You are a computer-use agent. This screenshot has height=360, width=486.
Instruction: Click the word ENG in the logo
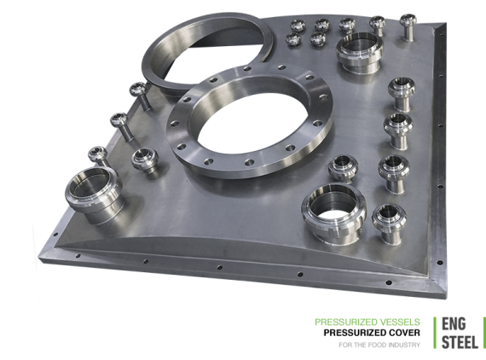click(454, 324)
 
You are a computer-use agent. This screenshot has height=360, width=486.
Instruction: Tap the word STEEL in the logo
click(460, 342)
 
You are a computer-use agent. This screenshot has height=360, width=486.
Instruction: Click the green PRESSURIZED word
click(346, 322)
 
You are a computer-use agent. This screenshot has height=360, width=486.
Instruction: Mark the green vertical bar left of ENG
click(435, 333)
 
